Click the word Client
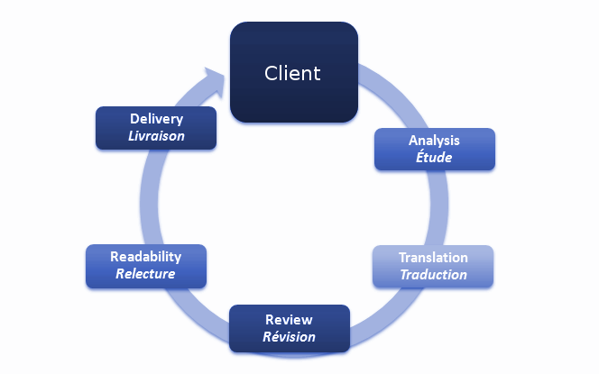292,73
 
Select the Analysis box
434,150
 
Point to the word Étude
434,158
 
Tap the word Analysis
434,141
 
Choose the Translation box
433,266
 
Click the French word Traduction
433,274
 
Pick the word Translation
433,258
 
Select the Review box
289,328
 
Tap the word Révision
289,337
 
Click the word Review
289,320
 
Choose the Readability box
145,266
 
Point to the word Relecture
145,274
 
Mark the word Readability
145,257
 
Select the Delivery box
156,128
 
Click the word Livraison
156,136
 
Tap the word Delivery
156,119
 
